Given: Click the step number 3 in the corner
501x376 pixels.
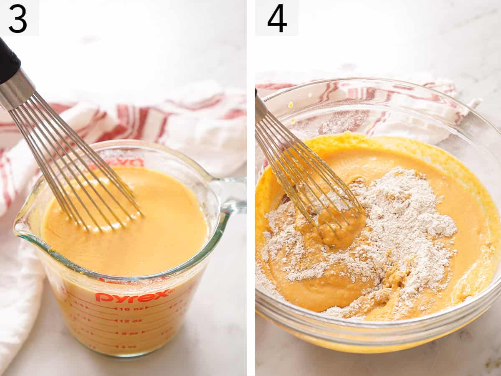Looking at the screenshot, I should click(x=18, y=18).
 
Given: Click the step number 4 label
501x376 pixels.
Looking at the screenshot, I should click(x=277, y=18).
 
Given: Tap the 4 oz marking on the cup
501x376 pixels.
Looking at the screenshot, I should click(x=125, y=346).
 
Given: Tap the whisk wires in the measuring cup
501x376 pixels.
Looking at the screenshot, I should click(x=79, y=167).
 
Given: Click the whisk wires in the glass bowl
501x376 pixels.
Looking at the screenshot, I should click(x=305, y=175).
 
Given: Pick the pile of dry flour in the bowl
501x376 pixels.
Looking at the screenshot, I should click(x=401, y=234).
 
